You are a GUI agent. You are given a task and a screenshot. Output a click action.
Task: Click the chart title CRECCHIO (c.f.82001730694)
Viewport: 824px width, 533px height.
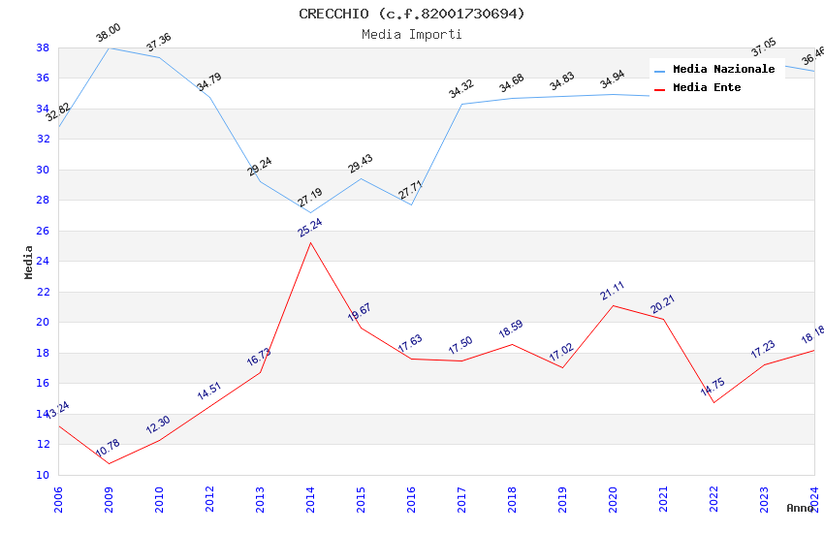click(x=412, y=14)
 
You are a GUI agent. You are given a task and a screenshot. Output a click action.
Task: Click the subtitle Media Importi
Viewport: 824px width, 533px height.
click(x=412, y=34)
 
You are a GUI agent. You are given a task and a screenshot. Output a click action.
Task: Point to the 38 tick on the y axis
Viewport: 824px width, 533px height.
click(x=43, y=47)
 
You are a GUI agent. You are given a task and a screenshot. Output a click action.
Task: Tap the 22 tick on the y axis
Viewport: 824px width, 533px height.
click(x=43, y=292)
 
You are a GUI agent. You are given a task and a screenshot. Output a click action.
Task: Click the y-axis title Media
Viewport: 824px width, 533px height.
click(x=29, y=262)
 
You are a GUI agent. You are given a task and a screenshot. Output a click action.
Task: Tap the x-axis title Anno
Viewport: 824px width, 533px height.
click(x=800, y=508)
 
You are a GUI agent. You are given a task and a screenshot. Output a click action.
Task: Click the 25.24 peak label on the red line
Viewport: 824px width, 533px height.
click(x=310, y=228)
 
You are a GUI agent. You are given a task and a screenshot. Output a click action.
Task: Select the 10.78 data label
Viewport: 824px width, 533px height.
click(x=108, y=449)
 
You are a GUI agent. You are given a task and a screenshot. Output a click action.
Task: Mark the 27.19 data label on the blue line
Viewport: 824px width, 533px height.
click(x=310, y=198)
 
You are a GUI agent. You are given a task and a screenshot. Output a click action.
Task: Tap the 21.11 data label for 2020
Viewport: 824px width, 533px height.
click(x=613, y=292)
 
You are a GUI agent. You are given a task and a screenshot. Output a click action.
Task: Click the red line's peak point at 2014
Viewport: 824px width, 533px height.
click(x=310, y=242)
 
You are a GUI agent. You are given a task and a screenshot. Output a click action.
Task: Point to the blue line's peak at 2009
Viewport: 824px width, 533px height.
click(x=109, y=47)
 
